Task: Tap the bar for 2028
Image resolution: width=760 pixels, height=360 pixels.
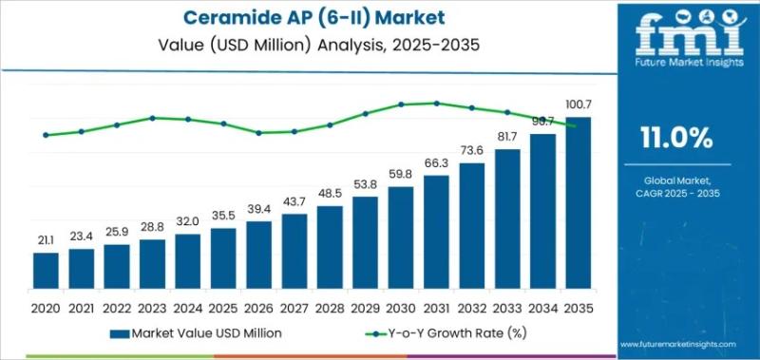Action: pyautogui.click(x=330, y=247)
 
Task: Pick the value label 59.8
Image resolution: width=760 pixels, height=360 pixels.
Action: pyautogui.click(x=401, y=175)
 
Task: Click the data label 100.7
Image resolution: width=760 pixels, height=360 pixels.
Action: pyautogui.click(x=578, y=105)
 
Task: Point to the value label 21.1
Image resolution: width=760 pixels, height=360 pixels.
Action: pyautogui.click(x=46, y=240)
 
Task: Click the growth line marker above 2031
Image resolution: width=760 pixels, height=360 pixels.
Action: pyautogui.click(x=436, y=104)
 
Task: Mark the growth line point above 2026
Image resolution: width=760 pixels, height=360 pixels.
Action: pyautogui.click(x=258, y=133)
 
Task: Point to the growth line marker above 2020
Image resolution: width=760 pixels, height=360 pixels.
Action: pyautogui.click(x=46, y=135)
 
